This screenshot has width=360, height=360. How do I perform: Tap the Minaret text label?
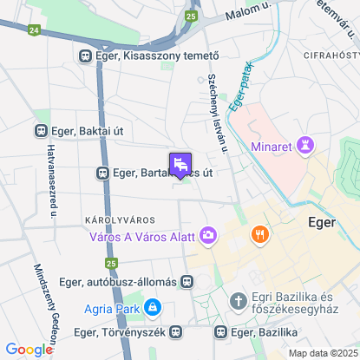(272, 146)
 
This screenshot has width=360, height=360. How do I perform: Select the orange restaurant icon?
(259, 234)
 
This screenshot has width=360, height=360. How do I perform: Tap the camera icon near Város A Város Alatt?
(208, 234)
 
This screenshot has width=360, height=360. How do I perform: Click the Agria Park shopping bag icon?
(153, 306)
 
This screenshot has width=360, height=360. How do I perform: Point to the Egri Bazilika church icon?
(239, 300)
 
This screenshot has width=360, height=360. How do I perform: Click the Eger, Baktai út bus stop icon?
(39, 131)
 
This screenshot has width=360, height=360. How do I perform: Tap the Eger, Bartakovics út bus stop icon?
(102, 173)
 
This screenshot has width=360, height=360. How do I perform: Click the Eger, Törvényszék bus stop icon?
(176, 331)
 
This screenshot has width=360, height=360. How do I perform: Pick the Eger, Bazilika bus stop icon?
(220, 331)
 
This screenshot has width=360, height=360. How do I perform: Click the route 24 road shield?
(33, 30)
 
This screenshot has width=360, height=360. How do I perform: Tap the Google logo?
(29, 349)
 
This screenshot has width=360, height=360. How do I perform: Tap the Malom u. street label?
(248, 10)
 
